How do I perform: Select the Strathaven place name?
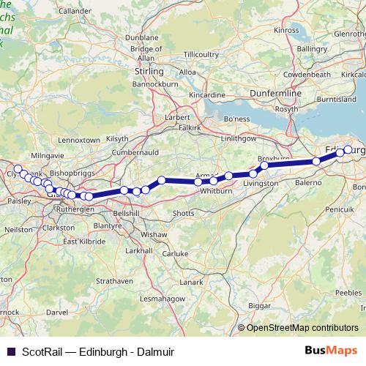(x=114, y=280)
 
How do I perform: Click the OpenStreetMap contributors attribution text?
(x=303, y=328)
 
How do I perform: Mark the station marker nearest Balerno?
(x=317, y=162)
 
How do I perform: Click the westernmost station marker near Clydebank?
(x=18, y=169)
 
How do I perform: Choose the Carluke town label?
(x=176, y=253)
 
